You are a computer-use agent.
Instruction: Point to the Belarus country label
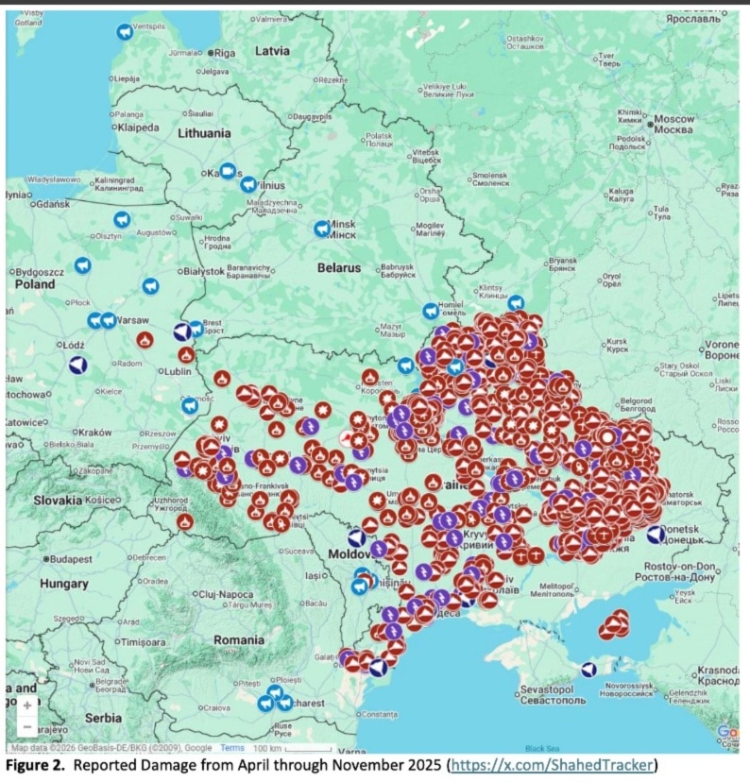pyautogui.click(x=338, y=268)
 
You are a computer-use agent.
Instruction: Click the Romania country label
pyautogui.click(x=239, y=639)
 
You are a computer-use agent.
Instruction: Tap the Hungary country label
pyautogui.click(x=63, y=585)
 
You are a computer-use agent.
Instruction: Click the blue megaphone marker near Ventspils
pyautogui.click(x=124, y=32)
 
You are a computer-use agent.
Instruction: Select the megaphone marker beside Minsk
pyautogui.click(x=322, y=229)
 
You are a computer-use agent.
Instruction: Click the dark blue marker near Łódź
pyautogui.click(x=78, y=365)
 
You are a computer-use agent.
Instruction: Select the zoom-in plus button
pyautogui.click(x=26, y=705)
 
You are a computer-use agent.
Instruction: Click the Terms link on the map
pyautogui.click(x=232, y=748)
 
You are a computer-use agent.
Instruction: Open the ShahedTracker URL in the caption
pyautogui.click(x=552, y=765)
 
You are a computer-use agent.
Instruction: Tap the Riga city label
pyautogui.click(x=224, y=54)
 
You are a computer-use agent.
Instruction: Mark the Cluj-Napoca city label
pyautogui.click(x=226, y=594)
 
